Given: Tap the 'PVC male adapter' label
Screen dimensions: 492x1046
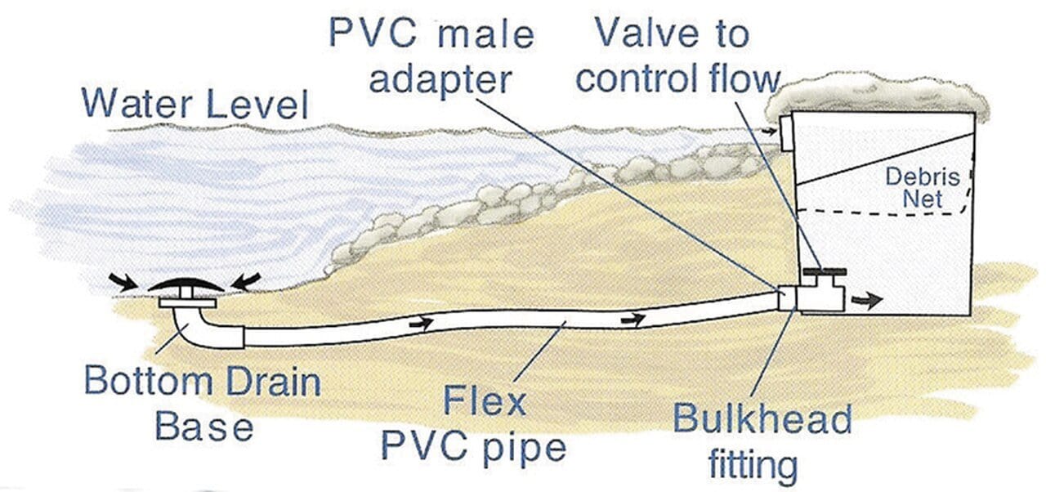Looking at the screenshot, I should pos(431,57).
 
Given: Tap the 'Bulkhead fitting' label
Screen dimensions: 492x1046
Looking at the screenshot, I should pos(762,441).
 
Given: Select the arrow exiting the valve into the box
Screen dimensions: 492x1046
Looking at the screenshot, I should pos(867,300).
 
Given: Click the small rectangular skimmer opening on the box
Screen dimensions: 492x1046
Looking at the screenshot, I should pos(787,132).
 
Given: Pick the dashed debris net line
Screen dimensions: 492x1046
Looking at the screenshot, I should pos(883,211).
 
